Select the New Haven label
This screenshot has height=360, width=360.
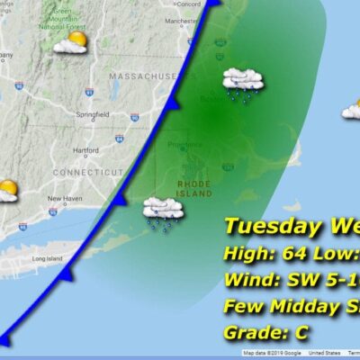point(65,198)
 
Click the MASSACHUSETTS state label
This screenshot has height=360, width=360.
point(144,78)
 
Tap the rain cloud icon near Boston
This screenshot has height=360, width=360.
point(243,83)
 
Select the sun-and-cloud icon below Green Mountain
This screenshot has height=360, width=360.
point(69,42)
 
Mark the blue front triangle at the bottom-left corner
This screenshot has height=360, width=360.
point(5,340)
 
